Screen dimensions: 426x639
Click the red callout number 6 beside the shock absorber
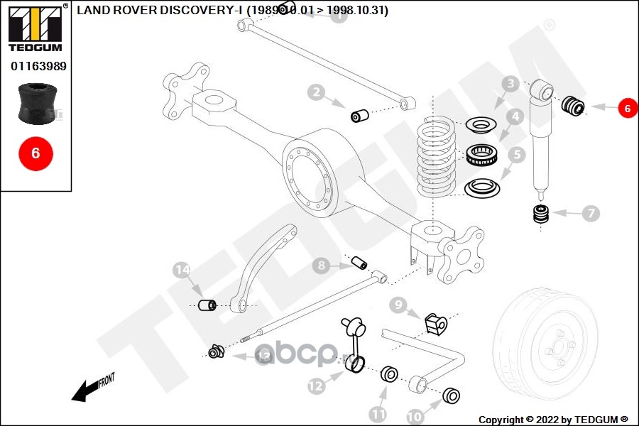pyautogui.click(x=627, y=108)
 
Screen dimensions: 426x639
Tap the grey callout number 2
pyautogui.click(x=316, y=92)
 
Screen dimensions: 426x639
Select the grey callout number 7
pyautogui.click(x=591, y=212)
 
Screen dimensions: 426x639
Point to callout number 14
pyautogui.click(x=182, y=270)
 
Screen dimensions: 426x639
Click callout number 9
pyautogui.click(x=398, y=305)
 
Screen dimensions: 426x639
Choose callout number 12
pyautogui.click(x=316, y=386)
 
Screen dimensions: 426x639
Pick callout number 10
pyautogui.click(x=415, y=415)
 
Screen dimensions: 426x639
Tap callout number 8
pyautogui.click(x=322, y=266)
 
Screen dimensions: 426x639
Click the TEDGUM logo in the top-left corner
pyautogui.click(x=36, y=28)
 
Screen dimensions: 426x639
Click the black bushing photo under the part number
pyautogui.click(x=35, y=104)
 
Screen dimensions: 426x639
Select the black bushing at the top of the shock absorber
pyautogui.click(x=573, y=106)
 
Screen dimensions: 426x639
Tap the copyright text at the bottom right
pyautogui.click(x=553, y=419)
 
